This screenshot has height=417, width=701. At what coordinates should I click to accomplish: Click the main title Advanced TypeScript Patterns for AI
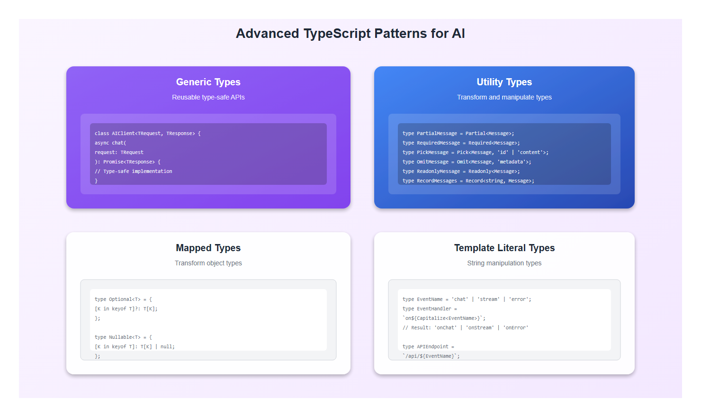click(x=350, y=34)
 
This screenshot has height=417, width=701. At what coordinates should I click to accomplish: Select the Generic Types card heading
click(x=208, y=82)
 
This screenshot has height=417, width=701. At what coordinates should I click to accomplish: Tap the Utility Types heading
click(x=504, y=82)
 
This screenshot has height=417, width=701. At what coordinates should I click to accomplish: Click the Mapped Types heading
click(x=208, y=248)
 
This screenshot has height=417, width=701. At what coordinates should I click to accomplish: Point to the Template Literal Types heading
click(x=504, y=248)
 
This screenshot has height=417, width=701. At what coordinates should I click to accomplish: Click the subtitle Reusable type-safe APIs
click(x=208, y=97)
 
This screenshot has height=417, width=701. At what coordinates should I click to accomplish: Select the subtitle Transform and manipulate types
click(x=504, y=97)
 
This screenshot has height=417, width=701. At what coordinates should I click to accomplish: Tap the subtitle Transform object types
click(x=208, y=263)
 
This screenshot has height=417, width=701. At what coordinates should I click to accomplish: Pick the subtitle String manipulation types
click(x=504, y=263)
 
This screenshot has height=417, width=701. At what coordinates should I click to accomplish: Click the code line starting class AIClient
click(x=147, y=134)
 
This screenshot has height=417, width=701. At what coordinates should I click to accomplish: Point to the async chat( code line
click(x=110, y=143)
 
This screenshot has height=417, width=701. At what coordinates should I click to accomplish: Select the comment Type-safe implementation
click(x=133, y=172)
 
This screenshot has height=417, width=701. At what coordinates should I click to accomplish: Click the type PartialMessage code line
click(x=458, y=134)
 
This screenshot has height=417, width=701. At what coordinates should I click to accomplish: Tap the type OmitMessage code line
click(x=467, y=162)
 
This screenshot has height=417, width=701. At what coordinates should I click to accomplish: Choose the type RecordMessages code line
click(x=468, y=181)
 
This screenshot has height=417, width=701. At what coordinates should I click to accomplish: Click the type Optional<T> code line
click(x=123, y=299)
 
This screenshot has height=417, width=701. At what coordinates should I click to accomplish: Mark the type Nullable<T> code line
click(x=123, y=337)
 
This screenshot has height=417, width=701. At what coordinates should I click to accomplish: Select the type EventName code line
click(x=467, y=299)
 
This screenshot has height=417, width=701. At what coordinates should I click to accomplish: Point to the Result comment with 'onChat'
click(x=465, y=328)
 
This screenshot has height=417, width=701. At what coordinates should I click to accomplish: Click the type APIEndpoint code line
click(x=428, y=347)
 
